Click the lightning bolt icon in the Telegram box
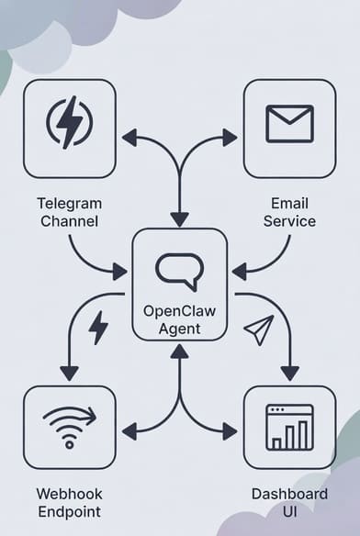[69, 123]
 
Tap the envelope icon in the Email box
[289, 123]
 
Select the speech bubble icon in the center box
[177, 272]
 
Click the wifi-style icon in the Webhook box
[69, 427]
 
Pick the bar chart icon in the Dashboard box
[289, 428]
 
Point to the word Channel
[69, 221]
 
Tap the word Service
[289, 221]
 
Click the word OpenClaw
[179, 310]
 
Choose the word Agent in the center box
[179, 329]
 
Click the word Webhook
[69, 494]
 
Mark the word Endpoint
[69, 512]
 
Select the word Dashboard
[289, 494]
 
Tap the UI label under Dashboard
[289, 512]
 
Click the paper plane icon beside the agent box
[259, 329]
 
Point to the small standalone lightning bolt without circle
[97, 327]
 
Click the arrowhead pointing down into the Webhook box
[69, 373]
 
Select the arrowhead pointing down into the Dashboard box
[289, 373]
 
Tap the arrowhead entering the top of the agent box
[179, 219]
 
